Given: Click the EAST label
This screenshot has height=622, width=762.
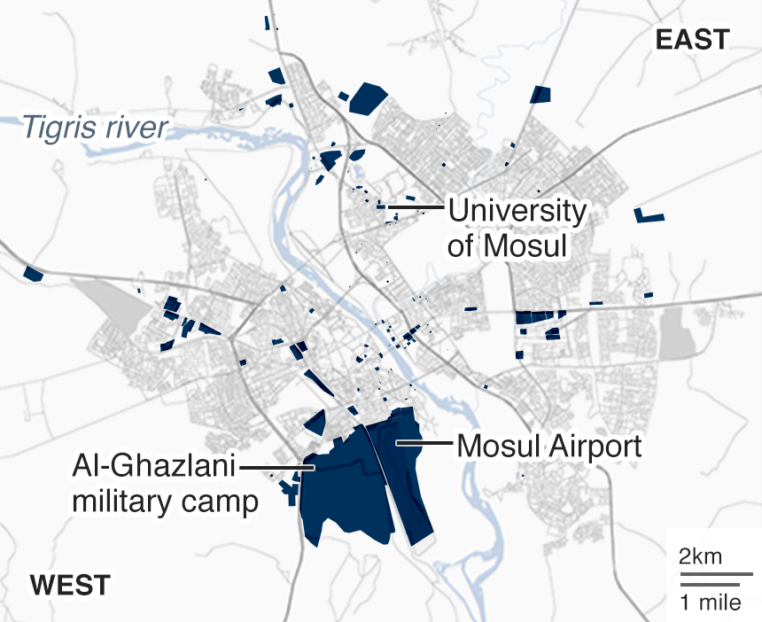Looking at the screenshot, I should click(692, 40).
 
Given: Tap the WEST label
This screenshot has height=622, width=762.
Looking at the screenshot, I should click(70, 586).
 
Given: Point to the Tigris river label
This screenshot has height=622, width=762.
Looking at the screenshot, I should click(95, 128).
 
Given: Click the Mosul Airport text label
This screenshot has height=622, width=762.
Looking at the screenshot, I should click(548, 446).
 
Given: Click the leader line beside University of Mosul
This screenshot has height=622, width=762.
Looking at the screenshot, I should click(415, 207).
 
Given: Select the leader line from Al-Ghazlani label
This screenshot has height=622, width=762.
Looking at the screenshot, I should click(276, 466).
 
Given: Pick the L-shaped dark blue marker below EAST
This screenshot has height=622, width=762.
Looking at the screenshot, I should click(649, 215).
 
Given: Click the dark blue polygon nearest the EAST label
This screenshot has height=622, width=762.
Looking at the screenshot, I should click(540, 94).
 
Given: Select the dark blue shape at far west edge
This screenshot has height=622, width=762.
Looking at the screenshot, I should click(33, 274).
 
